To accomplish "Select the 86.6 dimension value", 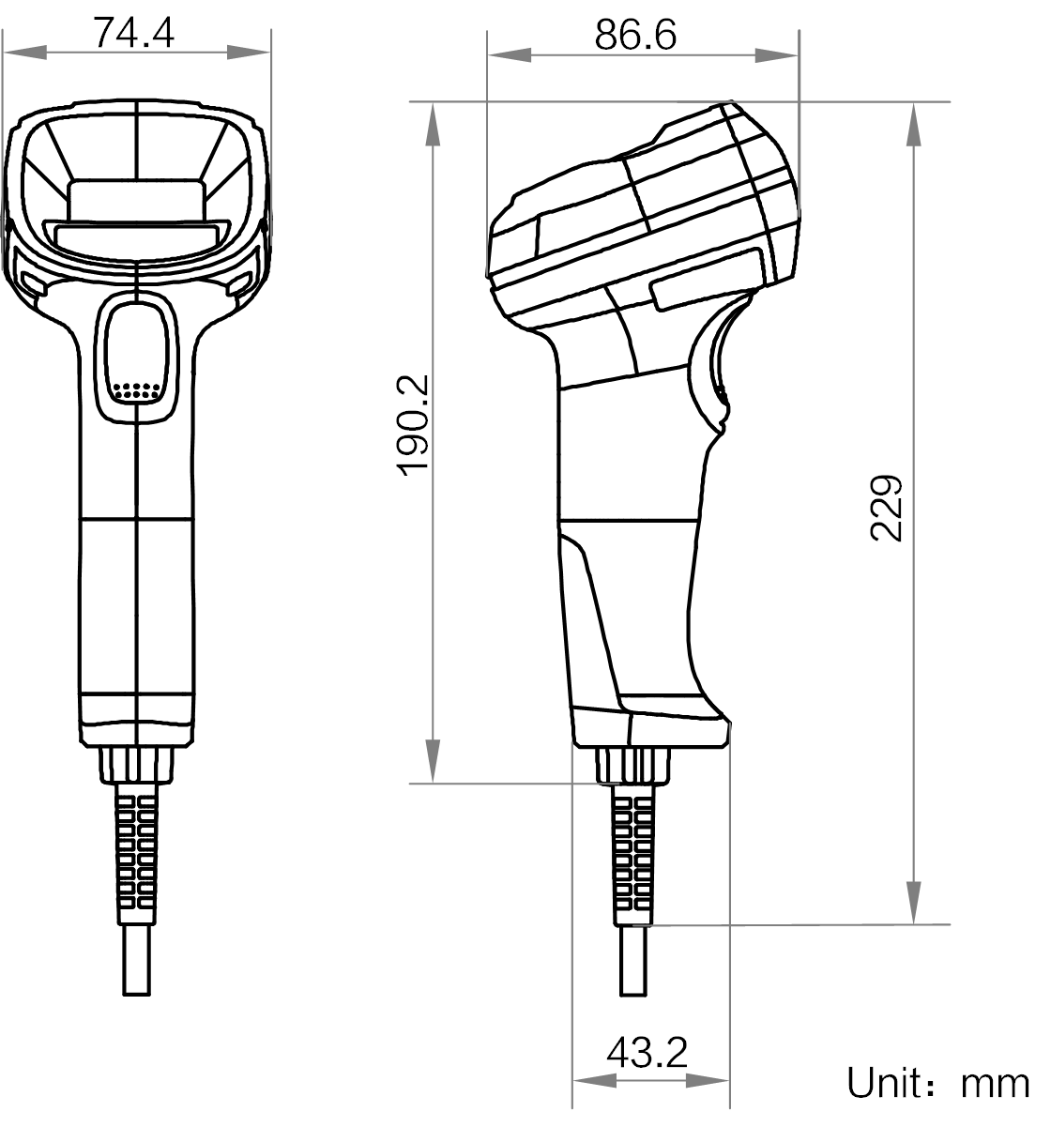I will tap(635, 35).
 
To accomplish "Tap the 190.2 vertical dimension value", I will tap(413, 425).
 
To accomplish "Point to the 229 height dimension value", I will tap(886, 508).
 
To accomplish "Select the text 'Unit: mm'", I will tap(937, 1084).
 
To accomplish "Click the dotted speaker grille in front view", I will tap(137, 389).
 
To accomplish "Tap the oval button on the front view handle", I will tap(137, 353).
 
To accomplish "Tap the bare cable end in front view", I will tap(137, 962).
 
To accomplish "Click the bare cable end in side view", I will tap(634, 962).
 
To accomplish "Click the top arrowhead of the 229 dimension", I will tap(914, 122).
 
